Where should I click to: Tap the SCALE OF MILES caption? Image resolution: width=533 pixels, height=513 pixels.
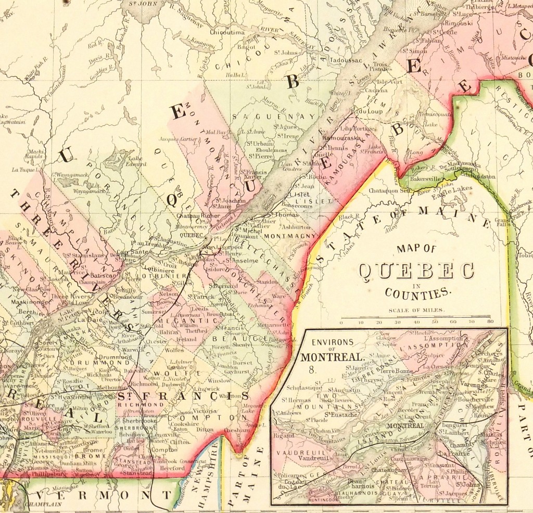(x=416, y=311)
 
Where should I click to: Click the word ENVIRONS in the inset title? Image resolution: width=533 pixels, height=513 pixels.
(x=329, y=342)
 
